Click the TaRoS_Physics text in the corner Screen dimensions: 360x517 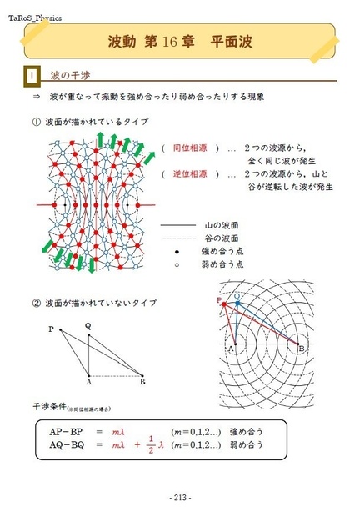[35, 16]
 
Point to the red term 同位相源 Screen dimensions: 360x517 [189, 147]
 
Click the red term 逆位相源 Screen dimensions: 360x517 [189, 173]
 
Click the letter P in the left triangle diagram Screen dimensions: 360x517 [51, 329]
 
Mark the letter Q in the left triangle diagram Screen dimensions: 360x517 [87, 325]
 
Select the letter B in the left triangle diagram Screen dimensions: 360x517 [143, 382]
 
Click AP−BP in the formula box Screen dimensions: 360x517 [66, 431]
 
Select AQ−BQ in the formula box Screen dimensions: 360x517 [66, 445]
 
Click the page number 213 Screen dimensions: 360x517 [179, 499]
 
